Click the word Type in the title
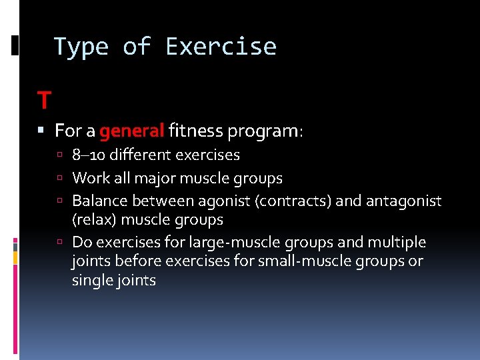coord(81,47)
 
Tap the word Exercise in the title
coord(221,47)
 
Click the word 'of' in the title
coord(137,47)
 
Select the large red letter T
coord(44,101)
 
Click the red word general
coord(131,131)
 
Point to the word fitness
coord(195,131)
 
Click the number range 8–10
coord(89,155)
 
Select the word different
coord(141,155)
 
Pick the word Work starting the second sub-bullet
coord(88,178)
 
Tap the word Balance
coord(100,201)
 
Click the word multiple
coord(396,242)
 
